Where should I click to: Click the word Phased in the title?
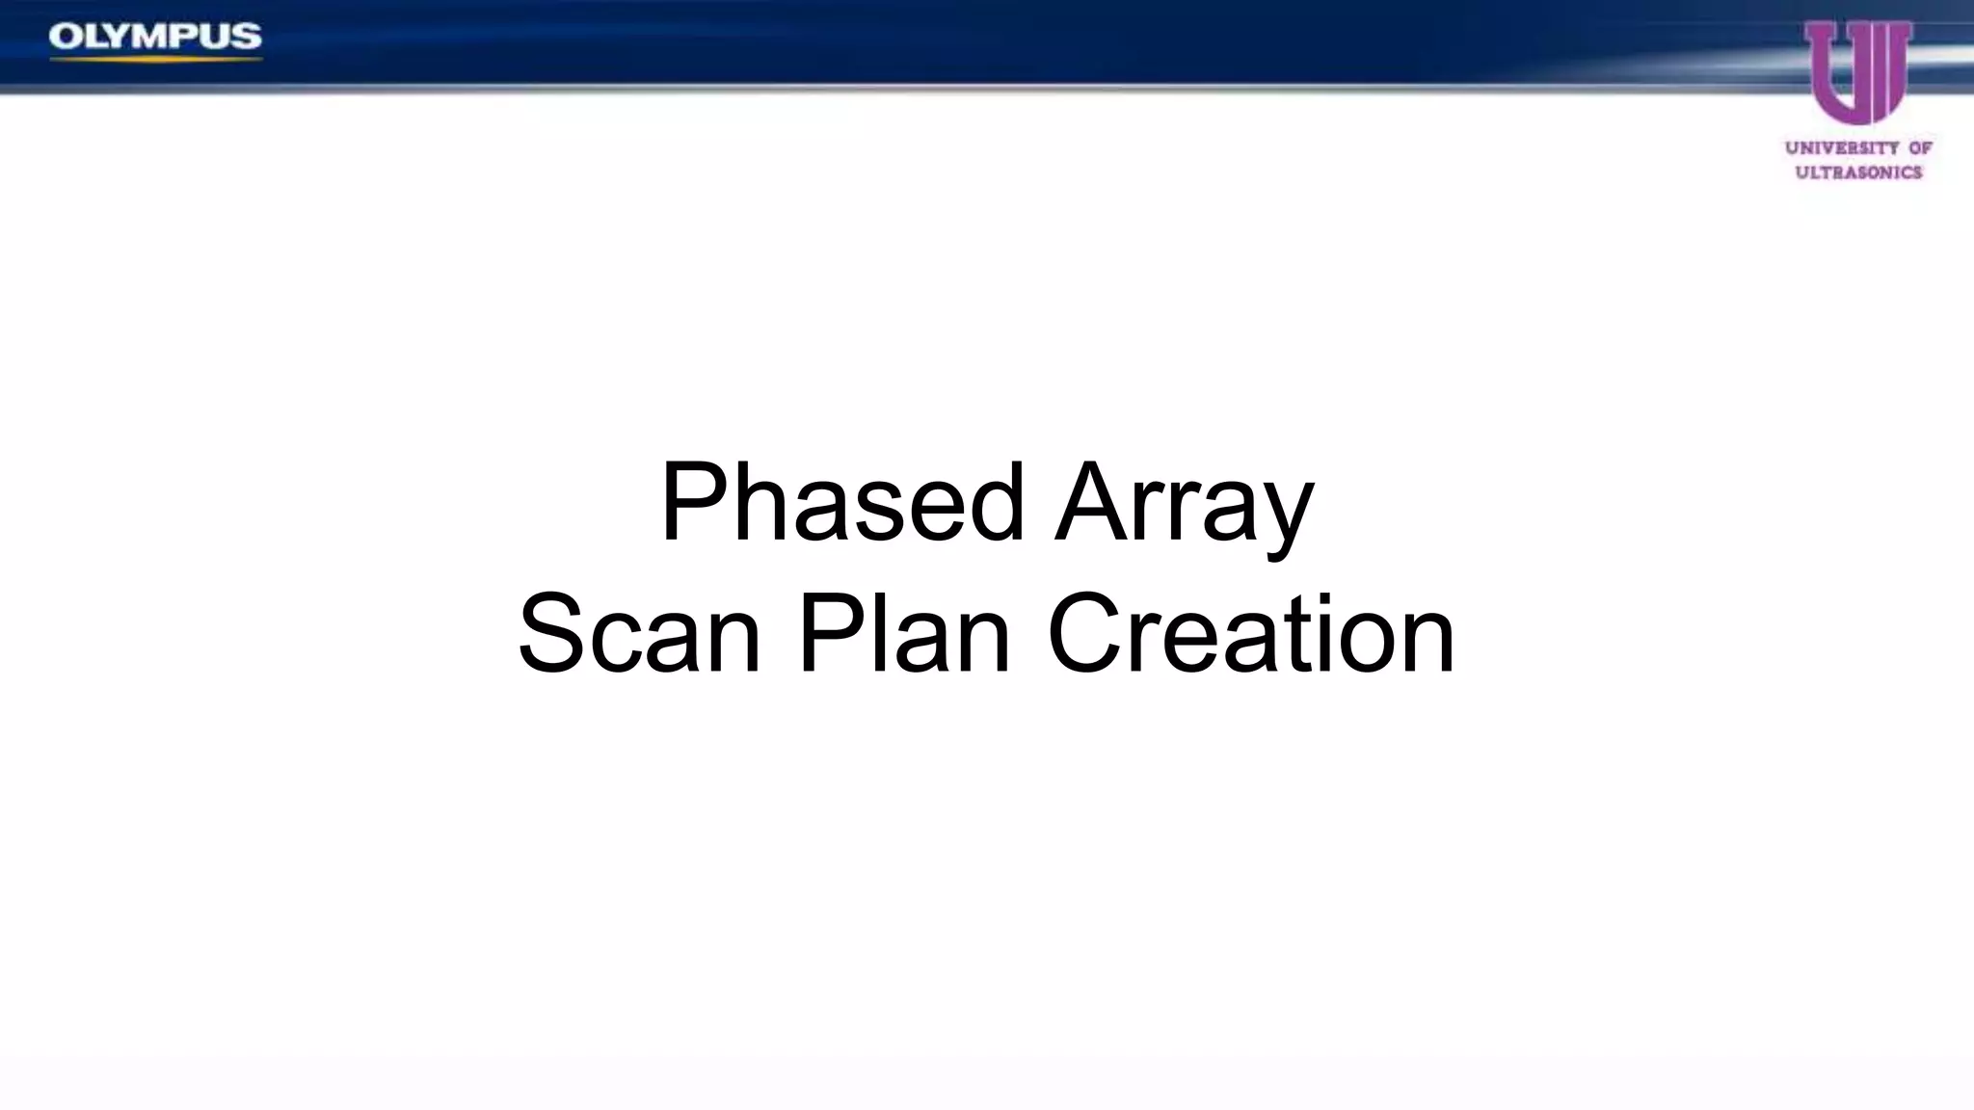pos(840,503)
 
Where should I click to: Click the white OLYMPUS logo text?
pos(155,37)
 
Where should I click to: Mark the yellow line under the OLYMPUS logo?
pos(155,60)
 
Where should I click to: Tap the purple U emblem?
pos(1857,73)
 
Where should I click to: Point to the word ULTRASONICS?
pos(1858,172)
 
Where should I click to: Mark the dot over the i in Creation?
pos(1322,599)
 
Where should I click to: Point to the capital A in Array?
pos(1090,503)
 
